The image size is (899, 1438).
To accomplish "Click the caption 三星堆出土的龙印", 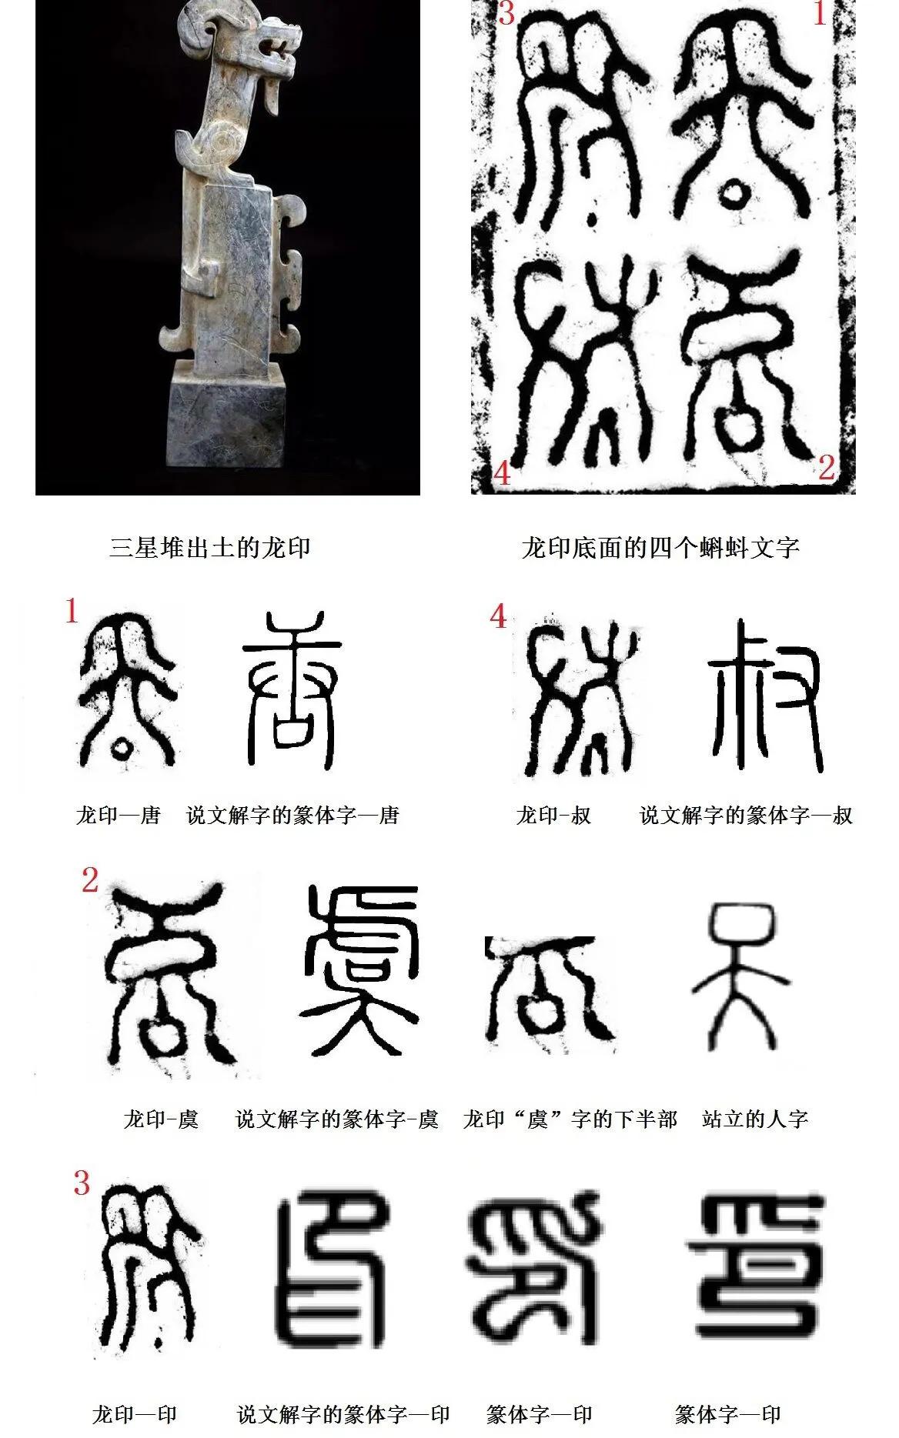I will (x=210, y=547).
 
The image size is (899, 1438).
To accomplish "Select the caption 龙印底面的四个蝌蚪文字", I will (x=660, y=547).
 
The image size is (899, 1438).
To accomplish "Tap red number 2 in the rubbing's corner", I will (x=827, y=467).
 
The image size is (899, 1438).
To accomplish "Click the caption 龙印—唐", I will (x=118, y=815).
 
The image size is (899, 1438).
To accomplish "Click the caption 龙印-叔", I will (x=553, y=815).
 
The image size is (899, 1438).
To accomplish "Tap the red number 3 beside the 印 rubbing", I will (x=82, y=1183).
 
